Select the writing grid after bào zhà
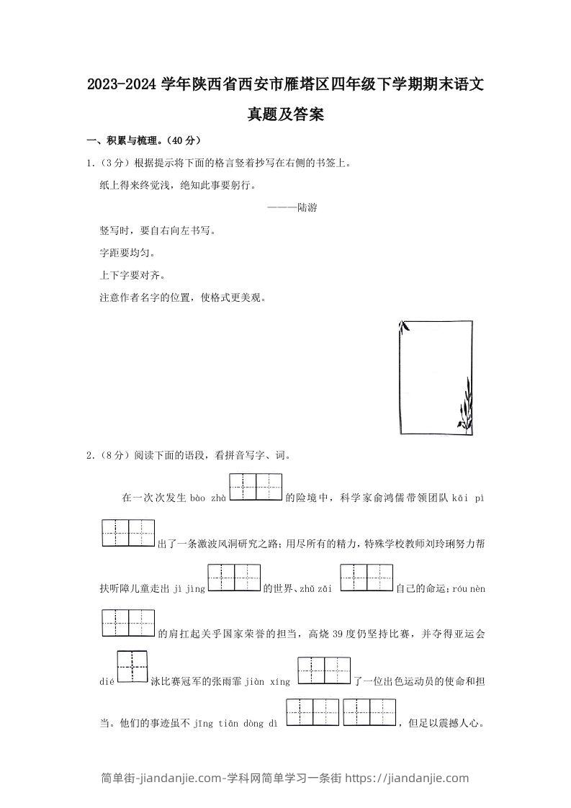point(255,487)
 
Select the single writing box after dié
point(132,668)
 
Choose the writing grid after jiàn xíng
point(323,670)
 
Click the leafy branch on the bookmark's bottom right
point(464,405)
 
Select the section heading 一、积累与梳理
point(144,140)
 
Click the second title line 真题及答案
point(285,115)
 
